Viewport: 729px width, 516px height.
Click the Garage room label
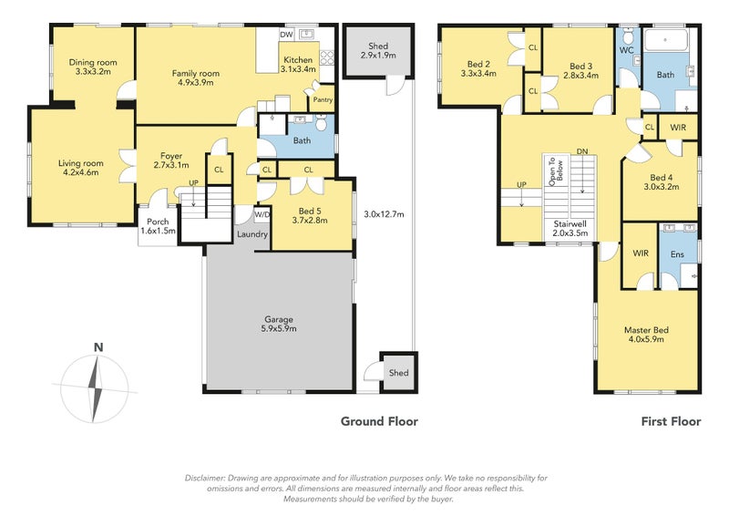(x=279, y=320)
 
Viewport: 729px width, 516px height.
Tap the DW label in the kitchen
(x=286, y=35)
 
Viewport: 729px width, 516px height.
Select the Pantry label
(x=323, y=99)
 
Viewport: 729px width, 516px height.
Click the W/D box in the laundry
(x=262, y=214)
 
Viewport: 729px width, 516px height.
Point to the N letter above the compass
(x=98, y=347)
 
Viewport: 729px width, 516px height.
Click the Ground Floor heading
(x=379, y=421)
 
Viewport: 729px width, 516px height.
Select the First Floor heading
(x=671, y=421)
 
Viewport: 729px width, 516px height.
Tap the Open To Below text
(x=556, y=171)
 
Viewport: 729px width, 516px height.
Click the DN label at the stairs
(x=582, y=151)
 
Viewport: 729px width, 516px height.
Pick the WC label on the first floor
(x=627, y=50)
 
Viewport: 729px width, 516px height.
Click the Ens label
(x=677, y=254)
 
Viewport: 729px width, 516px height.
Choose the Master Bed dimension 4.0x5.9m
(x=646, y=339)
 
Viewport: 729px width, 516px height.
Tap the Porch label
(x=158, y=222)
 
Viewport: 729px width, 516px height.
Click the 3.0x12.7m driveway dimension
(x=384, y=214)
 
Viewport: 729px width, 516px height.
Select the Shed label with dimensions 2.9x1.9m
(x=378, y=51)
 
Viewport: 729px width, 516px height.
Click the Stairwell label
(x=570, y=223)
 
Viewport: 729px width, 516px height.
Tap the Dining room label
(x=93, y=62)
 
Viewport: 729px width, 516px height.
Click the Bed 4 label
(x=662, y=178)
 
